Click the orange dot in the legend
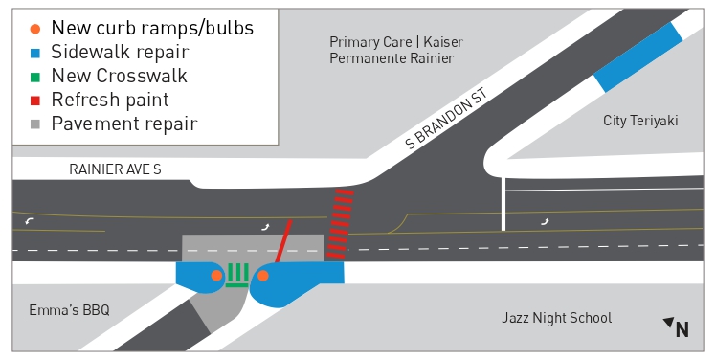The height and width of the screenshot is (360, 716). click(35, 28)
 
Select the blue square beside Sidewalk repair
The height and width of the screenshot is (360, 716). click(35, 53)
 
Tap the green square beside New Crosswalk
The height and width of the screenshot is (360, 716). click(35, 76)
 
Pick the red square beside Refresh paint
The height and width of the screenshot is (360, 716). click(35, 100)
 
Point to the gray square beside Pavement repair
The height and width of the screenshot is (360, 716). click(35, 124)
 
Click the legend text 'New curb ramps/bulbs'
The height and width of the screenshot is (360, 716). click(152, 28)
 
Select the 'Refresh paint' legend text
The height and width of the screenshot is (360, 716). click(110, 100)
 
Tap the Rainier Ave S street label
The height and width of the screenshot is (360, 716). click(115, 169)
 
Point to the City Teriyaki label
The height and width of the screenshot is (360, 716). click(640, 120)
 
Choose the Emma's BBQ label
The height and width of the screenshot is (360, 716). click(69, 310)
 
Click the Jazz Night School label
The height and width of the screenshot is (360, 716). click(556, 318)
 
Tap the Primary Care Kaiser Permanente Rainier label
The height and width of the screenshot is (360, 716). click(394, 51)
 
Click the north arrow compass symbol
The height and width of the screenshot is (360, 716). click(677, 327)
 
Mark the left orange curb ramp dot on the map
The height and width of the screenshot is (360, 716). click(216, 276)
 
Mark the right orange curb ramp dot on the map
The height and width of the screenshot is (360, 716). click(263, 277)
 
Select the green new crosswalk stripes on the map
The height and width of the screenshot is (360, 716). click(237, 276)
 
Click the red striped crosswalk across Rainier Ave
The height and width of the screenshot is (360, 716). click(340, 225)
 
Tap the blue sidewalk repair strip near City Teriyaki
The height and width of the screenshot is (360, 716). click(638, 56)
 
